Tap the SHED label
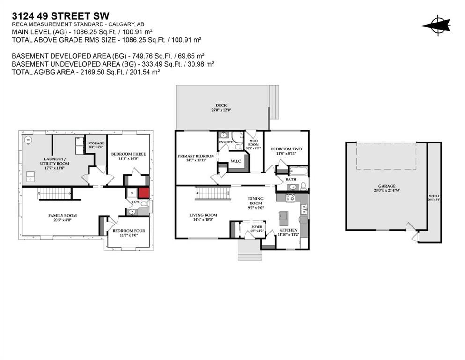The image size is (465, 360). click(434, 196)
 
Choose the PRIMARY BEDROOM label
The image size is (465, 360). click(196, 156)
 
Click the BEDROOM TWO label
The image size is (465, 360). click(286, 149)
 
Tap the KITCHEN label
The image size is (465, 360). click(288, 230)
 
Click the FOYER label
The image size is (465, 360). click(257, 226)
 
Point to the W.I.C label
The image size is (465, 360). click(236, 161)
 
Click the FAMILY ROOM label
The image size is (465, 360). click(62, 216)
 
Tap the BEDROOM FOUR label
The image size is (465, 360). click(129, 231)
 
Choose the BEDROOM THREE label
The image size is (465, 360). click(128, 154)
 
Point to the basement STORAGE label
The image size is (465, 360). click(96, 143)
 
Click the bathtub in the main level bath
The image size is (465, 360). click(298, 171)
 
